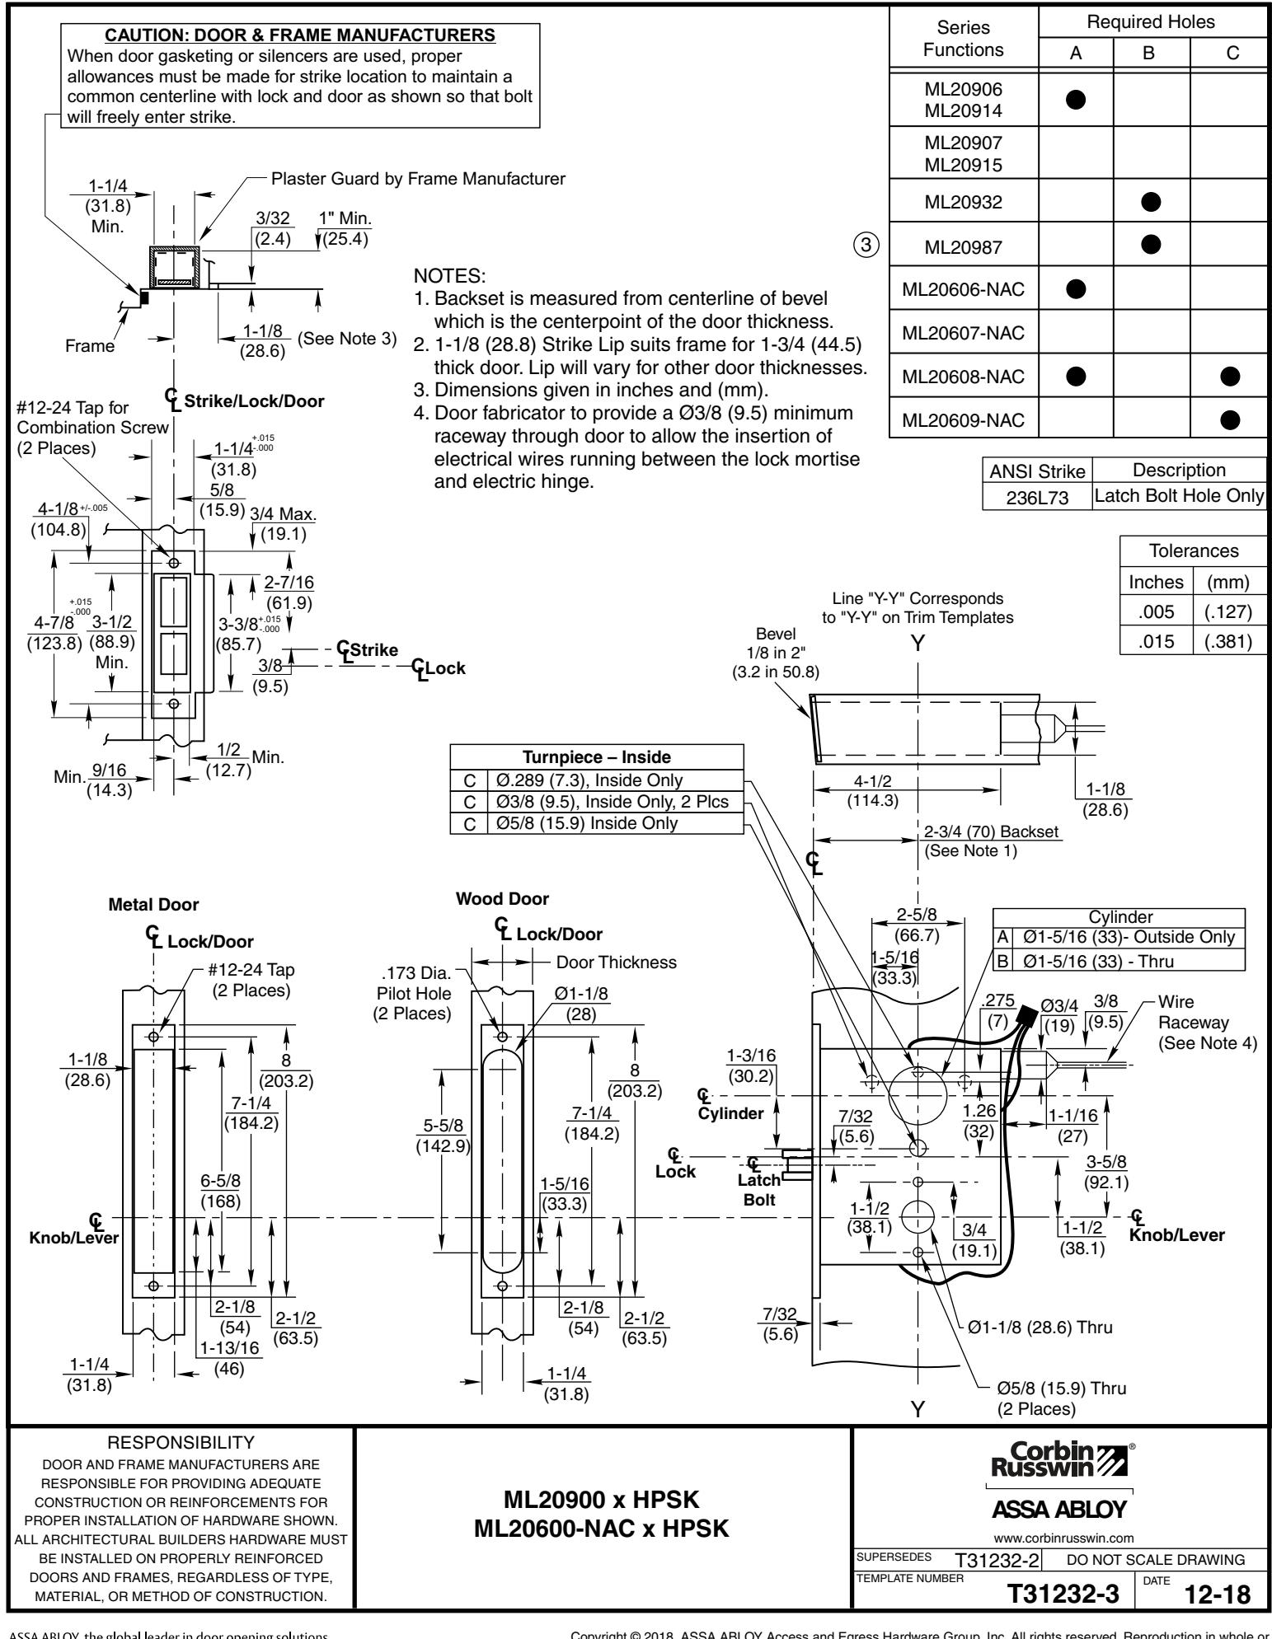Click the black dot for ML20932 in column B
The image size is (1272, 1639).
click(x=1152, y=200)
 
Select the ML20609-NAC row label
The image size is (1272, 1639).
click(x=963, y=420)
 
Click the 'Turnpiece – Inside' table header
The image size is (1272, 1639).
click(x=597, y=756)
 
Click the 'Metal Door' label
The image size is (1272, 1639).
click(x=153, y=904)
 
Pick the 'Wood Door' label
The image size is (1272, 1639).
click(x=502, y=898)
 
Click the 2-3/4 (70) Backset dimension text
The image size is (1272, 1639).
click(x=992, y=832)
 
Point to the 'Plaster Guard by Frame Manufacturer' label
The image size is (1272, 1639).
click(x=418, y=179)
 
